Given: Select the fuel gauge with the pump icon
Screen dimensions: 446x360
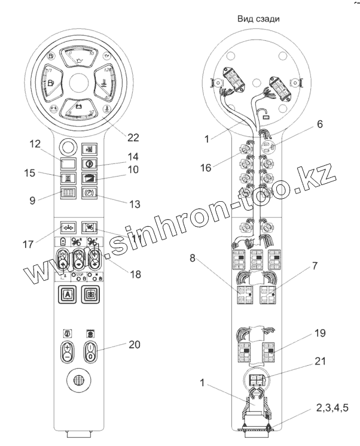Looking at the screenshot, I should click(x=53, y=81).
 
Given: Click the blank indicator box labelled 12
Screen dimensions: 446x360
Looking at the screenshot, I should click(x=68, y=163).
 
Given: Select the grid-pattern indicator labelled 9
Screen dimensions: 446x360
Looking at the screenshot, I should click(x=68, y=193).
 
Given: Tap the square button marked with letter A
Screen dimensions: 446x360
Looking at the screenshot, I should click(x=67, y=295).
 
